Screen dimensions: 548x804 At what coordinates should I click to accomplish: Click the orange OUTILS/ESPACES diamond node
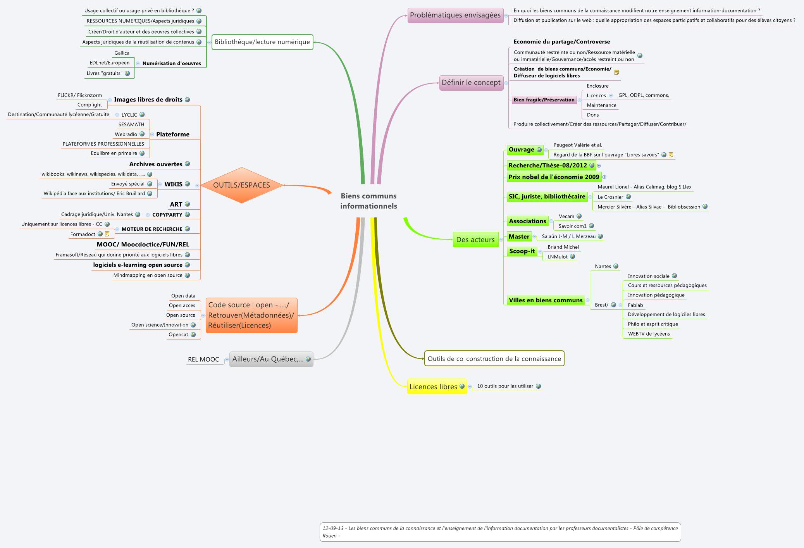point(241,185)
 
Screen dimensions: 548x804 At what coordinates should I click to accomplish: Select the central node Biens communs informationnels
point(368,201)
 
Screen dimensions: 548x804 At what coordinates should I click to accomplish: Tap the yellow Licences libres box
point(433,386)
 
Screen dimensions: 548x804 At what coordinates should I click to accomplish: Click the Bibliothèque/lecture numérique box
point(262,42)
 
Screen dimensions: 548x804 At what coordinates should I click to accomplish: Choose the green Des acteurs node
point(475,240)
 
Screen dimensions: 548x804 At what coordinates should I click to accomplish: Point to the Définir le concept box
point(471,83)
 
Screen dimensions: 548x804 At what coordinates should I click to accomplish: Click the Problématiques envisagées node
point(455,15)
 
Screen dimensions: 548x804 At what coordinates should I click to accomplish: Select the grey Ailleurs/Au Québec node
point(268,359)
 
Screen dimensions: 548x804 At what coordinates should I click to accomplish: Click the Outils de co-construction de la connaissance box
point(494,358)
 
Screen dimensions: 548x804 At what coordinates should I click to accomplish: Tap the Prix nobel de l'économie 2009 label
point(554,177)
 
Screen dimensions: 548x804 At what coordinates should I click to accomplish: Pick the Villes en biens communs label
point(546,300)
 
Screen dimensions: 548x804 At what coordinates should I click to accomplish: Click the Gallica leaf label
point(122,53)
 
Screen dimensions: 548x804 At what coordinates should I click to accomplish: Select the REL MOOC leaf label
point(203,359)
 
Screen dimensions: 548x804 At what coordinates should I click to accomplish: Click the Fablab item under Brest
point(635,305)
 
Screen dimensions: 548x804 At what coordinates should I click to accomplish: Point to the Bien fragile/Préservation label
point(544,100)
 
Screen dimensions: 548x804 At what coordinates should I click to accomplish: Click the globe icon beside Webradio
point(142,134)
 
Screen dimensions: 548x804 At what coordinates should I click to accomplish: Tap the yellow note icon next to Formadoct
point(107,234)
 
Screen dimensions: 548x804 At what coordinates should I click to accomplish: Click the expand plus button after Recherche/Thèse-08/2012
point(599,165)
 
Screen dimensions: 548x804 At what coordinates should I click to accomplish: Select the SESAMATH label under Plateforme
point(131,124)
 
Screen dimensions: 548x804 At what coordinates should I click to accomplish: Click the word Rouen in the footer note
point(329,536)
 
